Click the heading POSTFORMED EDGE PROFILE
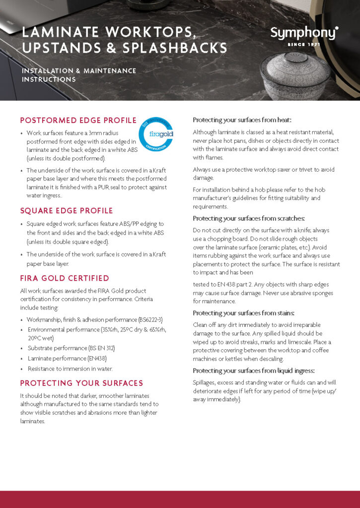pos(78,120)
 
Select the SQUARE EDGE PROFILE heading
pos(67,210)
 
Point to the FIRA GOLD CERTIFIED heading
pos(65,278)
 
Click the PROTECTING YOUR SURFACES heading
pos(81,383)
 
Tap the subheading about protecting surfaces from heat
pos(242,120)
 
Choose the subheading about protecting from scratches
pos(249,218)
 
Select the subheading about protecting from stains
pos(243,313)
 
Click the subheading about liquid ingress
pos(253,371)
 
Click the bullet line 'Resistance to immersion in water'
pos(70,369)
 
